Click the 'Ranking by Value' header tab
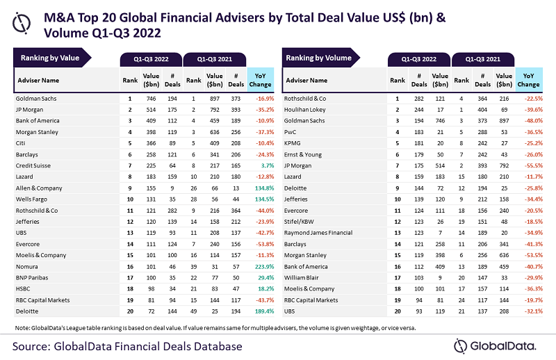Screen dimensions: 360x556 click(x=50, y=58)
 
